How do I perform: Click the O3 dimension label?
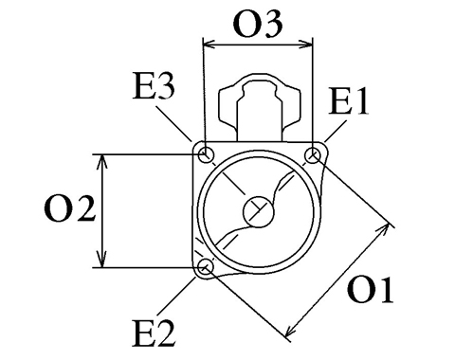tap(258, 25)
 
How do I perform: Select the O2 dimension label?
tap(69, 208)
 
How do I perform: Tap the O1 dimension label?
tap(371, 291)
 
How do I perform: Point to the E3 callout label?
tap(154, 86)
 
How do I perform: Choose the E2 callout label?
tap(154, 333)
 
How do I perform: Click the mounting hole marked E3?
tap(207, 155)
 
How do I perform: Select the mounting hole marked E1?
tap(313, 155)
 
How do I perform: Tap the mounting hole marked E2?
tap(205, 267)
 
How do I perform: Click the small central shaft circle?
tap(258, 211)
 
